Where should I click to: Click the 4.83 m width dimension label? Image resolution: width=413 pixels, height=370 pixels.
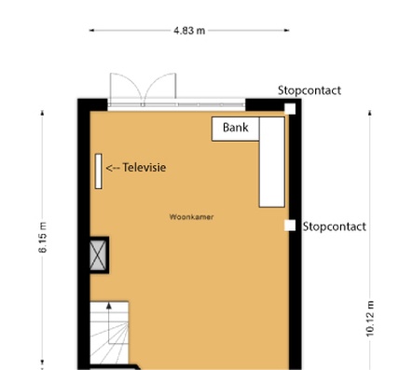click(x=189, y=31)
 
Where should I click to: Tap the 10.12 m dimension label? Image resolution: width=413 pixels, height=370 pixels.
click(x=370, y=319)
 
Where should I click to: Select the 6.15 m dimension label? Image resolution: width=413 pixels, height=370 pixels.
click(x=43, y=238)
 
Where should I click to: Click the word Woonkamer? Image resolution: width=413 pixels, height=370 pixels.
click(x=191, y=217)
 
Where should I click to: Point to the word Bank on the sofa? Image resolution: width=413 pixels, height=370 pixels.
click(x=236, y=128)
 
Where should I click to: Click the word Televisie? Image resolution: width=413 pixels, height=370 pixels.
click(x=145, y=168)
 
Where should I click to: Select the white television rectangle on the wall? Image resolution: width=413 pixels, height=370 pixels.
click(x=99, y=171)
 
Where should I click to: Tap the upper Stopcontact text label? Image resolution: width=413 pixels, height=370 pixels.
click(x=310, y=90)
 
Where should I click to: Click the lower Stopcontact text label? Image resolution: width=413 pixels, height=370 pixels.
click(x=335, y=226)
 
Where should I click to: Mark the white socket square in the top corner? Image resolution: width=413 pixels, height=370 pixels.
click(x=290, y=109)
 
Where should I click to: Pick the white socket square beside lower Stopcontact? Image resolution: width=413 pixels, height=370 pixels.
click(x=290, y=226)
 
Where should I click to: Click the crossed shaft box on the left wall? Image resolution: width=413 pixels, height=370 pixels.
click(x=99, y=255)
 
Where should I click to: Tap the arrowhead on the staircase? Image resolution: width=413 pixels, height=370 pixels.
click(x=109, y=306)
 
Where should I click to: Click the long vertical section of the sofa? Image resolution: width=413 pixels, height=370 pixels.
click(x=272, y=162)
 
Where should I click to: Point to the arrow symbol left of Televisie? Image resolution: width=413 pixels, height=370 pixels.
click(x=113, y=168)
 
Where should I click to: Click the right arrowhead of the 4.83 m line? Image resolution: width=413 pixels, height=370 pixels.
click(x=287, y=31)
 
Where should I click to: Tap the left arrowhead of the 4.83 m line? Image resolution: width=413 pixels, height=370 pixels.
click(x=91, y=31)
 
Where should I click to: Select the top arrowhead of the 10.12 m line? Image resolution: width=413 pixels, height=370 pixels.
click(x=370, y=113)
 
